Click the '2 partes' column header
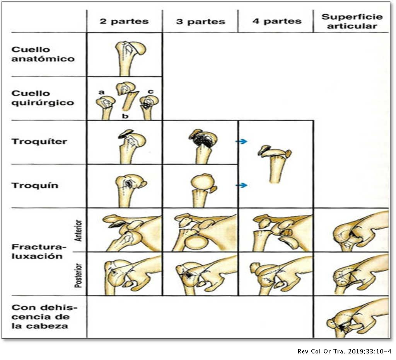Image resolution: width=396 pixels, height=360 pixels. click(124, 21)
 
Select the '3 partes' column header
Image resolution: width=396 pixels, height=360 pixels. click(201, 22)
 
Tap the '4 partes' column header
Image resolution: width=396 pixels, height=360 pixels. click(277, 21)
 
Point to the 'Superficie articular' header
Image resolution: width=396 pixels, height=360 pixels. click(352, 22)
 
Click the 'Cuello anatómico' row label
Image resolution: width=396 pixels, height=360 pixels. click(43, 54)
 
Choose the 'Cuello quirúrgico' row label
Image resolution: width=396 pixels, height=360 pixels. click(43, 98)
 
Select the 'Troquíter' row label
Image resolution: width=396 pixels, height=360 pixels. click(39, 141)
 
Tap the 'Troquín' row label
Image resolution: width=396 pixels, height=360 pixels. click(35, 185)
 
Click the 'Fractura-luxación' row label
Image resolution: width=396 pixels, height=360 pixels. click(39, 251)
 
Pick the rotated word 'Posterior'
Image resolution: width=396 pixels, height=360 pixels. click(79, 276)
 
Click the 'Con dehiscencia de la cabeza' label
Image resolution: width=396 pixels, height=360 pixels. click(44, 317)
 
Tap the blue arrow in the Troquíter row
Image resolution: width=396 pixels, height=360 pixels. click(242, 141)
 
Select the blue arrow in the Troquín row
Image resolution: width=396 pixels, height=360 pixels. click(242, 185)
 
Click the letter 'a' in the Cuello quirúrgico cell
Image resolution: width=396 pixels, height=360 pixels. click(102, 92)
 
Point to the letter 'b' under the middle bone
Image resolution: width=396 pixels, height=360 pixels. click(125, 116)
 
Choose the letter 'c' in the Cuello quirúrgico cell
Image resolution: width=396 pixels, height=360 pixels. click(150, 92)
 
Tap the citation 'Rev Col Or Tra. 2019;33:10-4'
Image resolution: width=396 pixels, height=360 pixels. click(345, 352)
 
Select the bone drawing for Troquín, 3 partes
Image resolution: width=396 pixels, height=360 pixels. click(202, 190)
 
